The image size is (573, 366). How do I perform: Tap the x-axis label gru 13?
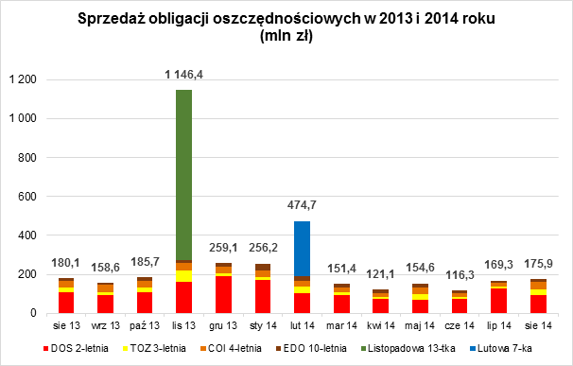click(223, 326)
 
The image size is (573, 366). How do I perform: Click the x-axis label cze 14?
click(462, 326)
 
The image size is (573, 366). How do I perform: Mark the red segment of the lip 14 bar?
click(502, 301)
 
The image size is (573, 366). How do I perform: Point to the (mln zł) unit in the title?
click(286, 38)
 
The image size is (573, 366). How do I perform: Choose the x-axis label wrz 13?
click(104, 326)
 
